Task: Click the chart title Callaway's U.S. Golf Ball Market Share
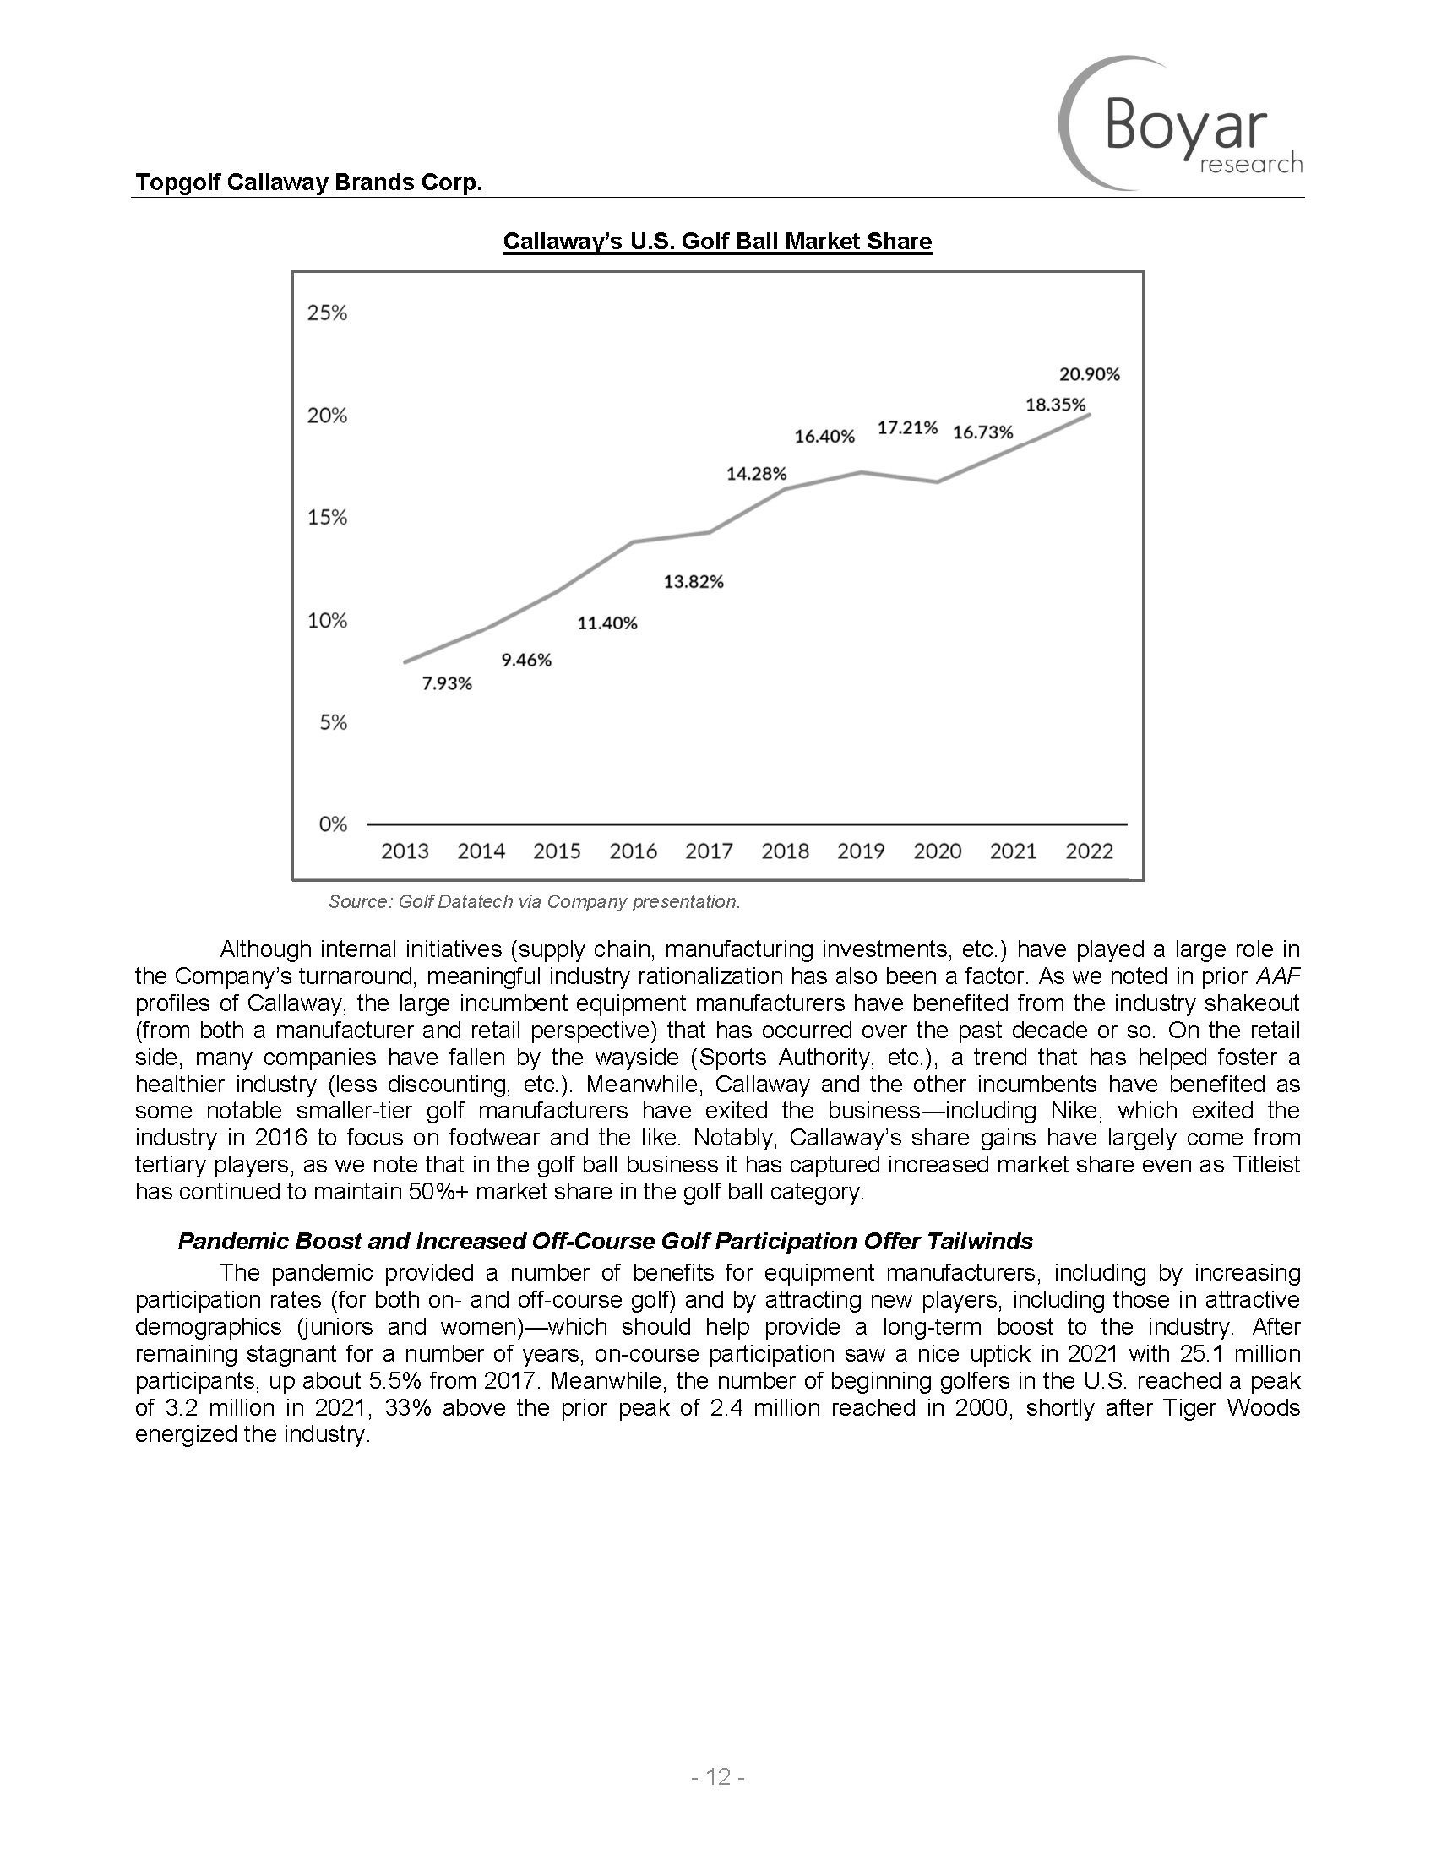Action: [x=717, y=242]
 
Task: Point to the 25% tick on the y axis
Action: [x=327, y=313]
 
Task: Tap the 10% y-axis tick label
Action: [x=327, y=621]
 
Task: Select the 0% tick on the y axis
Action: [x=332, y=824]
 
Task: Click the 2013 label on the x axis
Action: [x=405, y=851]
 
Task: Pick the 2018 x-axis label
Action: [x=785, y=851]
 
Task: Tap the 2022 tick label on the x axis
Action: [x=1089, y=851]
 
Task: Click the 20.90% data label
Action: [x=1090, y=373]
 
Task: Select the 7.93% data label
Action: [x=447, y=684]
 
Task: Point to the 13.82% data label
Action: [x=694, y=582]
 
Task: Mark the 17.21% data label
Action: [x=907, y=427]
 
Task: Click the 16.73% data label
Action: [x=983, y=432]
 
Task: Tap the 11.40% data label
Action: [x=607, y=623]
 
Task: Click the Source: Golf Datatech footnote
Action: [x=534, y=902]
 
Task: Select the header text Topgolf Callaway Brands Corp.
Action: [x=309, y=182]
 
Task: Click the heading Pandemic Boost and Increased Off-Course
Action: [x=605, y=1241]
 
